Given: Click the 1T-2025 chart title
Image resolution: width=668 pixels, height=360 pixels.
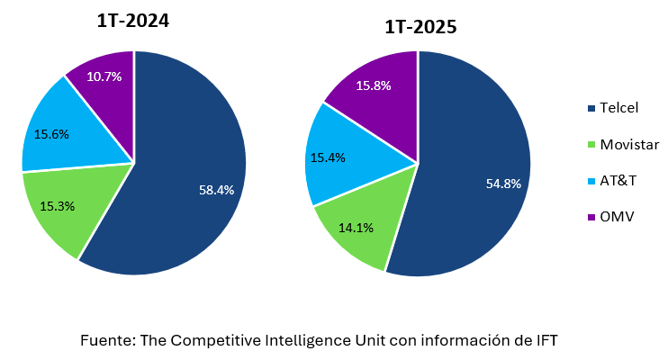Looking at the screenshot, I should point(420,27).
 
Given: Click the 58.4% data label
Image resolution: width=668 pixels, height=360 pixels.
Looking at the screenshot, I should point(216,190).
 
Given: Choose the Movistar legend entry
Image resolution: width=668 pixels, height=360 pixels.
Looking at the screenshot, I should point(625,144).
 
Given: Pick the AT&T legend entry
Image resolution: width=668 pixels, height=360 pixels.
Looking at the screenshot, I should point(618,180).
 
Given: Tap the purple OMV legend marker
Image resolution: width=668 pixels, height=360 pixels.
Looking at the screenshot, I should point(591,217).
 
